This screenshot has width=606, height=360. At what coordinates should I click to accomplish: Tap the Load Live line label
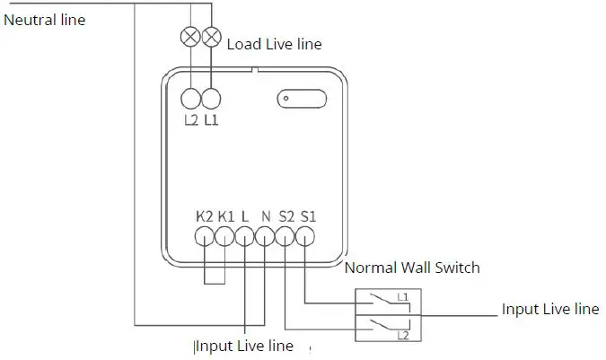274,43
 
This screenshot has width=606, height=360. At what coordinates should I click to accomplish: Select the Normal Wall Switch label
412,268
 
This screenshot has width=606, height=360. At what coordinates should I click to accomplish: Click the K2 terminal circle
204,237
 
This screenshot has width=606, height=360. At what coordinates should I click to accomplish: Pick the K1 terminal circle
224,237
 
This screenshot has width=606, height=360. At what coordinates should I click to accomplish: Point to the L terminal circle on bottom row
245,237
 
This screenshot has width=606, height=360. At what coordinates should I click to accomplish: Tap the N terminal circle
266,237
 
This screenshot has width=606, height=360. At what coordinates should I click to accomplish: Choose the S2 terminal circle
285,237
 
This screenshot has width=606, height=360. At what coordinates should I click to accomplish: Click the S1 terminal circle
306,237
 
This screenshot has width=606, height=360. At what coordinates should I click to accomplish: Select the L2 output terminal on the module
191,99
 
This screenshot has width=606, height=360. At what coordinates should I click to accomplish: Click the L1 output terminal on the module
212,99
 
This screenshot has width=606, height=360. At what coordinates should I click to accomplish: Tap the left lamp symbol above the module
191,37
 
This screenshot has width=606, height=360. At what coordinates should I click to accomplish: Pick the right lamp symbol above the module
212,37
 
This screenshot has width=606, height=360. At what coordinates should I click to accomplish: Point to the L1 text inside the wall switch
403,296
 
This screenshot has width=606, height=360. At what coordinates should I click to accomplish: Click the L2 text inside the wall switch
403,335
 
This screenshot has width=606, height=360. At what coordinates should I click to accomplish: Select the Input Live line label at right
549,310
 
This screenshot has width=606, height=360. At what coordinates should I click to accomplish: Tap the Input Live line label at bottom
244,346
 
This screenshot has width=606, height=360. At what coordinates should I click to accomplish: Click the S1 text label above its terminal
308,215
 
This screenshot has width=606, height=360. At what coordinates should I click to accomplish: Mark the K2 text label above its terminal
204,215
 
